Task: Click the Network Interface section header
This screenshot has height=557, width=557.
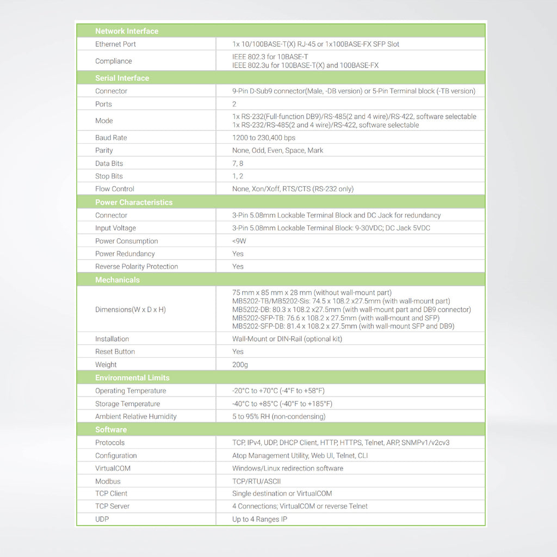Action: (127, 31)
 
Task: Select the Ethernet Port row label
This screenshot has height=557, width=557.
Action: (115, 44)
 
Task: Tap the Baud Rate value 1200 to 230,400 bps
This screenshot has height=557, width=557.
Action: (264, 138)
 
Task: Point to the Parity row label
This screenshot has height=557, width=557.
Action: (104, 150)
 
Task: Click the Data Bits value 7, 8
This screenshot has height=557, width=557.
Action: (238, 163)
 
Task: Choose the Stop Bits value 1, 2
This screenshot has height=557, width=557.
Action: (238, 176)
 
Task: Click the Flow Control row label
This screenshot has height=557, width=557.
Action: (115, 189)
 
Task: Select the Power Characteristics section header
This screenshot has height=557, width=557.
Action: (134, 202)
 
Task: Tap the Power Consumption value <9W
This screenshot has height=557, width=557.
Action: (239, 241)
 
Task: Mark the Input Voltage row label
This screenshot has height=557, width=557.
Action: (115, 228)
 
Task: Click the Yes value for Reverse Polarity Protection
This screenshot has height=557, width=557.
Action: (238, 267)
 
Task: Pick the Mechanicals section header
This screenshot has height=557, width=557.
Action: (117, 280)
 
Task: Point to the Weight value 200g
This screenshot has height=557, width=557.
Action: (240, 364)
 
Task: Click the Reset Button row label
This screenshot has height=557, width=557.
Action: (115, 351)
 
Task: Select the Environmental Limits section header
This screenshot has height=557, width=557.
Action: (132, 377)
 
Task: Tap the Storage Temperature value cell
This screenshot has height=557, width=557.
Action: (282, 404)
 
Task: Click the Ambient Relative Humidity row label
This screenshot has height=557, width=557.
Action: (136, 416)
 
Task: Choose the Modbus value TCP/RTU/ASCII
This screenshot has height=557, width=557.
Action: (256, 481)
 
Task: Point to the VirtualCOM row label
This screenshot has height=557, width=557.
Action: (113, 468)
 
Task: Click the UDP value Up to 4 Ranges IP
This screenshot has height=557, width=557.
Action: (259, 519)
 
